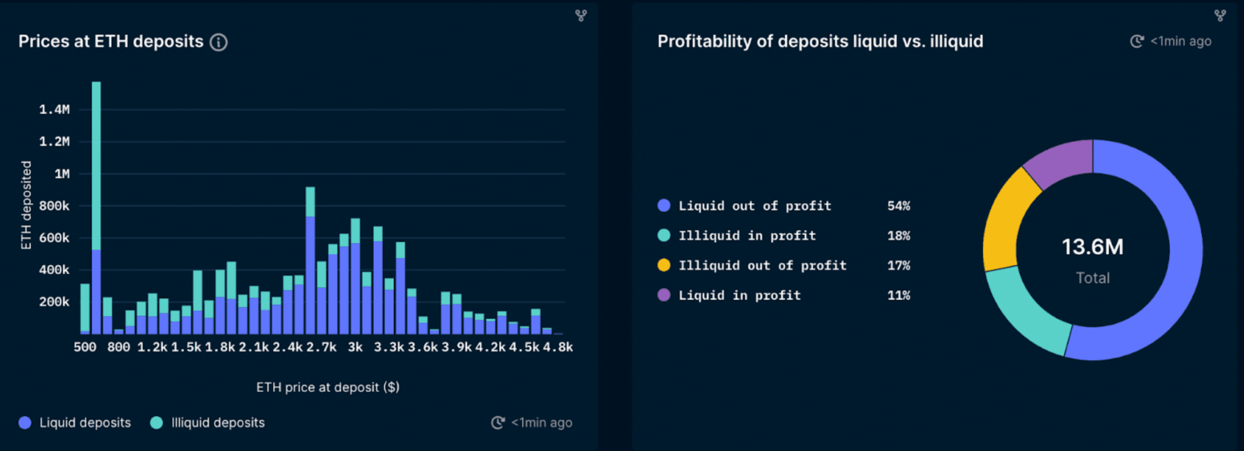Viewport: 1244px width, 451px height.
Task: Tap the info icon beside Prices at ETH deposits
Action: pyautogui.click(x=219, y=42)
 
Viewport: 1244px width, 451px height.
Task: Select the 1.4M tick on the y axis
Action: pyautogui.click(x=54, y=110)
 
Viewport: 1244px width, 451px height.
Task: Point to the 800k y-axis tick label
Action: pyautogui.click(x=54, y=206)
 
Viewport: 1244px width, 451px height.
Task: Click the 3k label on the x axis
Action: pyautogui.click(x=355, y=347)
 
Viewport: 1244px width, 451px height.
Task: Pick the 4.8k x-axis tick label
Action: pyautogui.click(x=557, y=347)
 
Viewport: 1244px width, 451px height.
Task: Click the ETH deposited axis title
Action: pyautogui.click(x=26, y=205)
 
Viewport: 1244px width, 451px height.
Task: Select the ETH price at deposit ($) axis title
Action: pyautogui.click(x=328, y=387)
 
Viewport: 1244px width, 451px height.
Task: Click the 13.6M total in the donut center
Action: pyautogui.click(x=1093, y=247)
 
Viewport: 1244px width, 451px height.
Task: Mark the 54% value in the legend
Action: pyautogui.click(x=898, y=206)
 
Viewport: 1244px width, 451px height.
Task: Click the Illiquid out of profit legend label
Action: pyautogui.click(x=762, y=266)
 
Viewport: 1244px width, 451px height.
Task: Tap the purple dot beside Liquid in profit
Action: pyautogui.click(x=664, y=295)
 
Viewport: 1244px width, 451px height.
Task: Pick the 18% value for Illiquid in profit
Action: pyautogui.click(x=898, y=235)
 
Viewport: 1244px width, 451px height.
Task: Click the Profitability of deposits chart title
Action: pyautogui.click(x=820, y=41)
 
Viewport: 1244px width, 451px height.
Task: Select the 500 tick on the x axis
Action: pyautogui.click(x=85, y=347)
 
